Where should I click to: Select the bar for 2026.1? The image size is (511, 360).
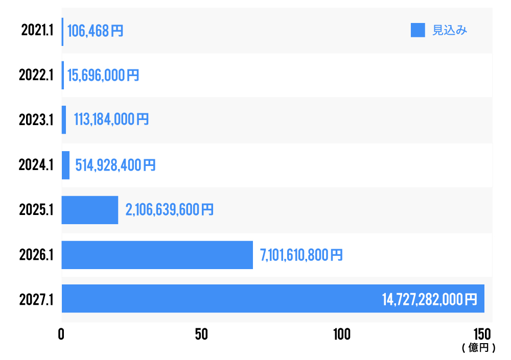coord(157,255)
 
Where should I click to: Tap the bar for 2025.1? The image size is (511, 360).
coord(90,210)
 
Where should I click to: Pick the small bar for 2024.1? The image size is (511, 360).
coord(65,165)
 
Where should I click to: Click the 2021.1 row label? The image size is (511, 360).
coord(37,31)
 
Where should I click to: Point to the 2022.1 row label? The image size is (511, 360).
coord(36,76)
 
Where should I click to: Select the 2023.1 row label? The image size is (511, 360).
coord(36,120)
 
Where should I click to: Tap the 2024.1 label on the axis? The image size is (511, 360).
coord(36,165)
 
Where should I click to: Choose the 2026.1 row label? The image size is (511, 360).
coord(36,255)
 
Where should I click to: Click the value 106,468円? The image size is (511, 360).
coord(95,31)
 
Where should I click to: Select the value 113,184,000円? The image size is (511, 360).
coord(111,120)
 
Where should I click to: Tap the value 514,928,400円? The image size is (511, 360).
coord(115,165)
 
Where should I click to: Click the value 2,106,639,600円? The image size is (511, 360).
coord(170,210)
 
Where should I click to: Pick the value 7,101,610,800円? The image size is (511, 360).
coord(301,255)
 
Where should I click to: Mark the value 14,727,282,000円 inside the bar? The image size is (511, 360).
coord(429,299)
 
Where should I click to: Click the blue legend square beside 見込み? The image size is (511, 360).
coord(418,30)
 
